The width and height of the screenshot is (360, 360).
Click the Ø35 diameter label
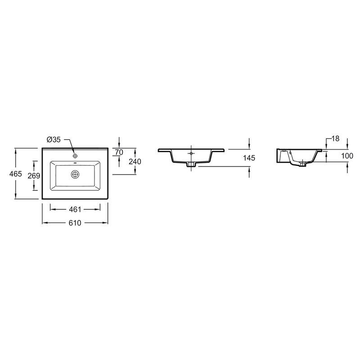54,139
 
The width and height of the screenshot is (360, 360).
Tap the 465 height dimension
16,174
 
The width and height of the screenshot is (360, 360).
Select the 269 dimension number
34,175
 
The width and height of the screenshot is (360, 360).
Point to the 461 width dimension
75,209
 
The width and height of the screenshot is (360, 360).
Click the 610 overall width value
75,223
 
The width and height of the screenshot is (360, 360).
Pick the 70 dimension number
119,152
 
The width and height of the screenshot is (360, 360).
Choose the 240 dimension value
135,162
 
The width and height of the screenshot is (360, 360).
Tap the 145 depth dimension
249,158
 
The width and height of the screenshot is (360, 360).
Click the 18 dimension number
335,139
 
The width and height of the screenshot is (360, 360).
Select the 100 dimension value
347,156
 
